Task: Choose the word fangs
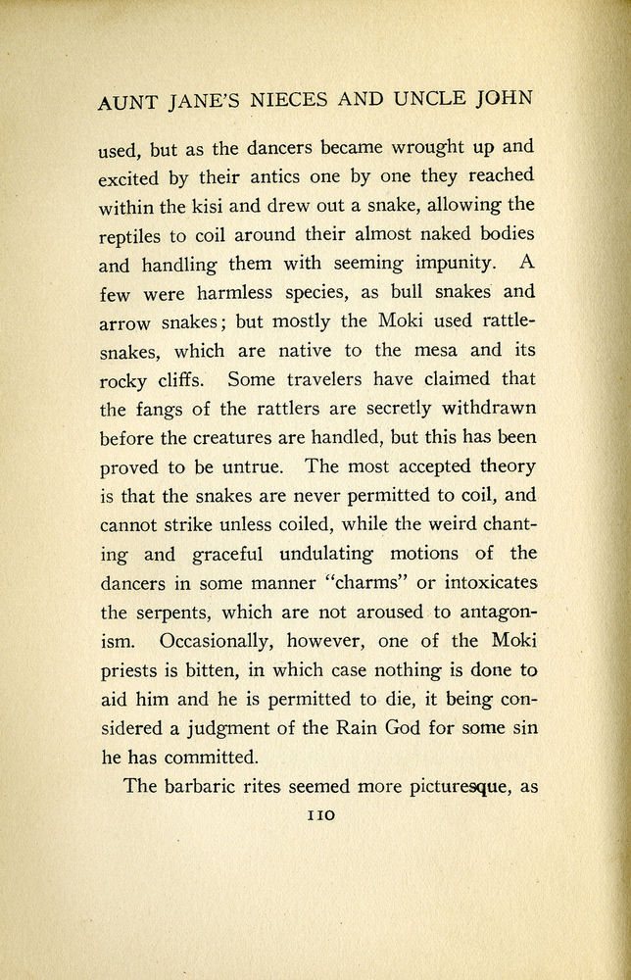170,407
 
